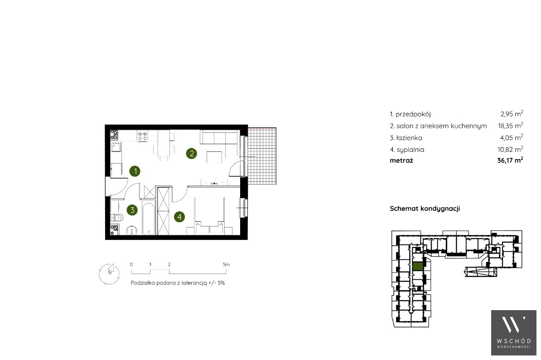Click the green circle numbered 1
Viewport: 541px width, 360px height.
135,171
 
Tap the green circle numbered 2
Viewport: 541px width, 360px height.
192,153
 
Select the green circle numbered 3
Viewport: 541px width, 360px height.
132,210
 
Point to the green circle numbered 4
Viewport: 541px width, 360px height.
179,217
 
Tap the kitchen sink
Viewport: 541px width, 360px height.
116,147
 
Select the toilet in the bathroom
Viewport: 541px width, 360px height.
117,218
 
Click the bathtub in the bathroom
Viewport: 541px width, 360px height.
149,218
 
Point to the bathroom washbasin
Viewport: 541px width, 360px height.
132,231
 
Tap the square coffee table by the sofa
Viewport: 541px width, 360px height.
215,157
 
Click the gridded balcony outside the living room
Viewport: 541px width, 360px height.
262,156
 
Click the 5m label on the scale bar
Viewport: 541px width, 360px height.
226,264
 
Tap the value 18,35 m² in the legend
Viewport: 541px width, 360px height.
510,125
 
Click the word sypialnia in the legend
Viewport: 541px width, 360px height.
411,150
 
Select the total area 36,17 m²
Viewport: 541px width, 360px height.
510,160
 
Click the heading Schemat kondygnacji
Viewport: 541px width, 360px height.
425,209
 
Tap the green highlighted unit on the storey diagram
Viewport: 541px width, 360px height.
418,266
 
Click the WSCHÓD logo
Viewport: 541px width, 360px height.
514,333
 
